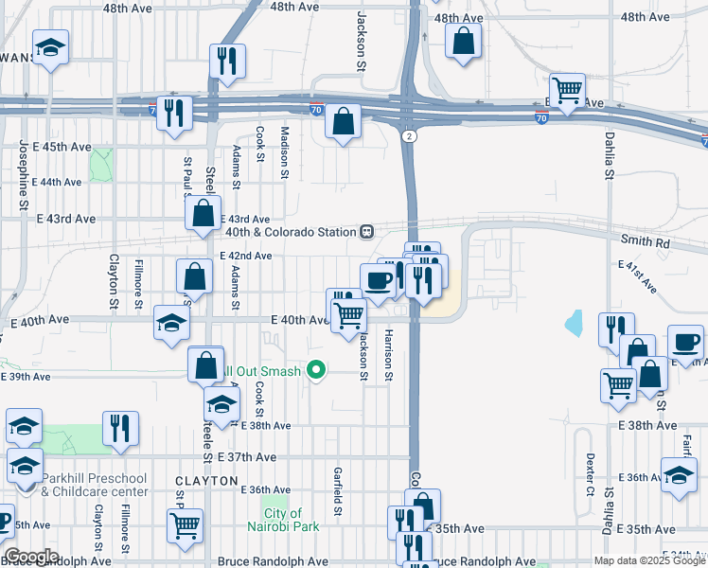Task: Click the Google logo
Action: click(x=32, y=557)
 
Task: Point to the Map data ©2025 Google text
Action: click(x=649, y=561)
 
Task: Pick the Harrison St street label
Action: click(x=389, y=355)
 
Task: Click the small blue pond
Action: click(x=574, y=324)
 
